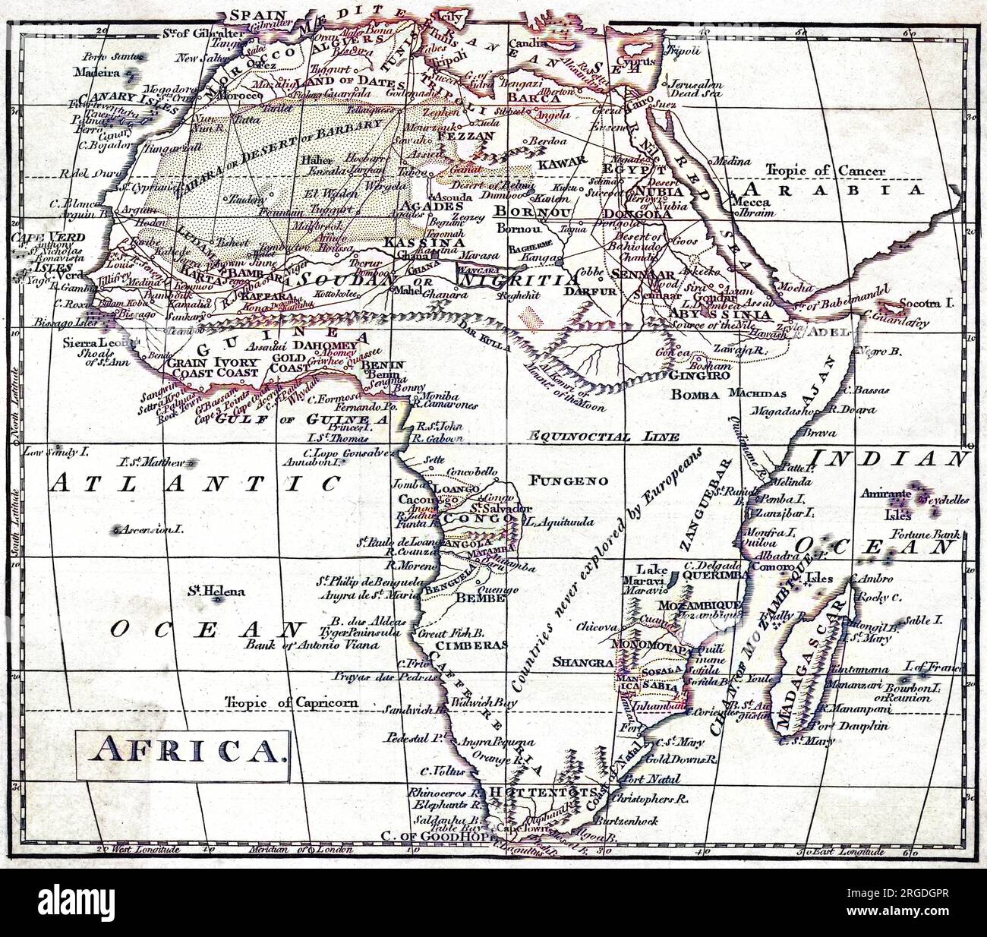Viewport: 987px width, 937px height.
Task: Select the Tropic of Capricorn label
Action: click(x=291, y=702)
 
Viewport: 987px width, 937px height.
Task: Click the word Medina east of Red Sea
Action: click(x=730, y=161)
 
